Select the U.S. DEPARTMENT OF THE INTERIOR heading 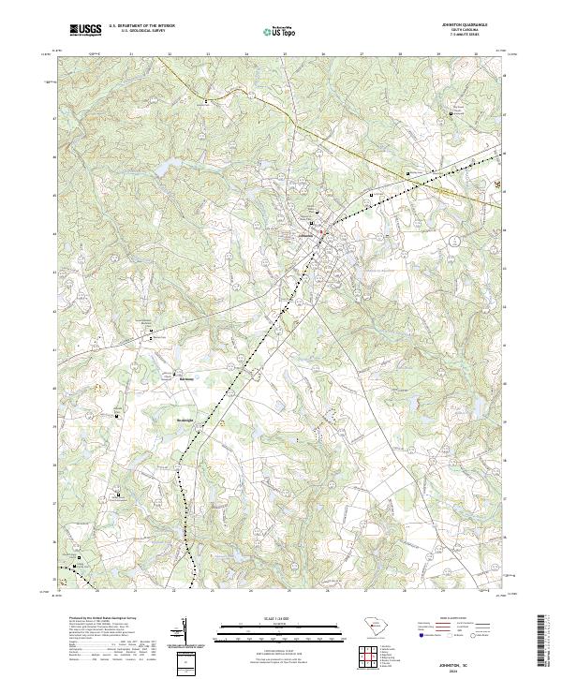pyautogui.click(x=140, y=25)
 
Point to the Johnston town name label pyautogui.click(x=305, y=238)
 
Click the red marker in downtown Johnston pyautogui.click(x=320, y=231)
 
